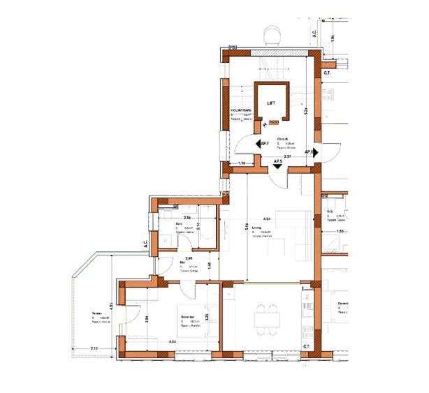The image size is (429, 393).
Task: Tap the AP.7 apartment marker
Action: coord(263,144)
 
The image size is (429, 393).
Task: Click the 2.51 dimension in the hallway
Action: coord(287,156)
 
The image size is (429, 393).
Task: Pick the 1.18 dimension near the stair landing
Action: coord(242,163)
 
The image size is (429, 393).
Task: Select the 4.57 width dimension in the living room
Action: coord(266,218)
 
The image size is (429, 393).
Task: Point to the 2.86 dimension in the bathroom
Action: coord(187,218)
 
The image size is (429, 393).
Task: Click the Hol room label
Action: coord(182,263)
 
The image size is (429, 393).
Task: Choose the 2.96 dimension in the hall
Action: coord(179,258)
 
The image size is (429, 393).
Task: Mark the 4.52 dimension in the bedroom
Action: coord(172,341)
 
